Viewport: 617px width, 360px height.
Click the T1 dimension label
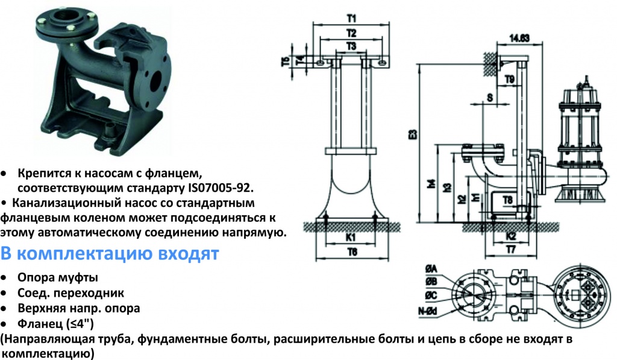(351, 19)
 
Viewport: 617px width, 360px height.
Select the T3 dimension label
(351, 46)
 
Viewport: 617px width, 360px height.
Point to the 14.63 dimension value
(519, 38)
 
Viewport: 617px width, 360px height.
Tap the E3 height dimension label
(413, 134)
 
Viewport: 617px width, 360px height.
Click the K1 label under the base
(351, 237)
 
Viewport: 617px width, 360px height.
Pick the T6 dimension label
(352, 252)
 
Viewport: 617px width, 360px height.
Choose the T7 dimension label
(511, 250)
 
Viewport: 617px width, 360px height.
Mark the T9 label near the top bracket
(510, 80)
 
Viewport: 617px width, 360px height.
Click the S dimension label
(490, 97)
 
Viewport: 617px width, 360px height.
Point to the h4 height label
(431, 183)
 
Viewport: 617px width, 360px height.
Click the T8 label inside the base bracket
(507, 200)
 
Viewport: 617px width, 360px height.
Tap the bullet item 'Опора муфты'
(58, 277)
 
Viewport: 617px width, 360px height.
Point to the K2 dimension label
(511, 236)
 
